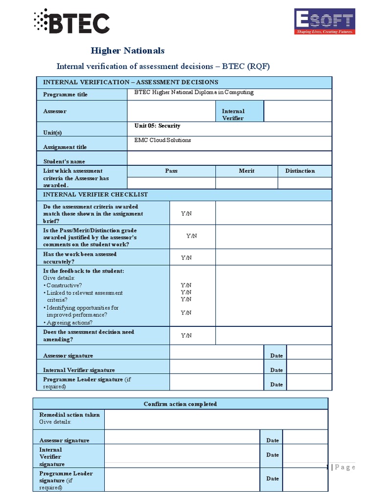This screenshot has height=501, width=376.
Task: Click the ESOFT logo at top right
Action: tap(324, 22)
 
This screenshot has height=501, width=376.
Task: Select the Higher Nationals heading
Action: tap(128, 50)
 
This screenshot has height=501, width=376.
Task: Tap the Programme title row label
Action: tap(65, 94)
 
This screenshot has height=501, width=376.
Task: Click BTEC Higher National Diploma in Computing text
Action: tap(194, 92)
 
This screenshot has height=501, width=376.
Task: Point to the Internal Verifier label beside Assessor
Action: tap(233, 114)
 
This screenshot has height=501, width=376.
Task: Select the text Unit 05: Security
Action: tap(157, 126)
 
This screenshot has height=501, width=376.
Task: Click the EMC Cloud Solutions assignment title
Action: tap(163, 140)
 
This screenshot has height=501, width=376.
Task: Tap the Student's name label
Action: tap(64, 161)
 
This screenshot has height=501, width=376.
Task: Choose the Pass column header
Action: tap(171, 171)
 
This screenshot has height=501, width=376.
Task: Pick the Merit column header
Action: tap(246, 171)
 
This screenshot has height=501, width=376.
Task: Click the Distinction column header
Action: tap(300, 171)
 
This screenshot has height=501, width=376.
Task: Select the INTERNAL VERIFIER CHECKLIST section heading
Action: tap(95, 194)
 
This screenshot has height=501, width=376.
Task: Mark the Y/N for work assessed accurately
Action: tap(186, 258)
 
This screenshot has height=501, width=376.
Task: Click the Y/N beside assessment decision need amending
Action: tap(186, 336)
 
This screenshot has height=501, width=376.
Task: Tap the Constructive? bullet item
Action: tap(64, 285)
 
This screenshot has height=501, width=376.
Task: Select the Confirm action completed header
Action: tap(180, 404)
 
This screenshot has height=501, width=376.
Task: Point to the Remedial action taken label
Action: tap(69, 414)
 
